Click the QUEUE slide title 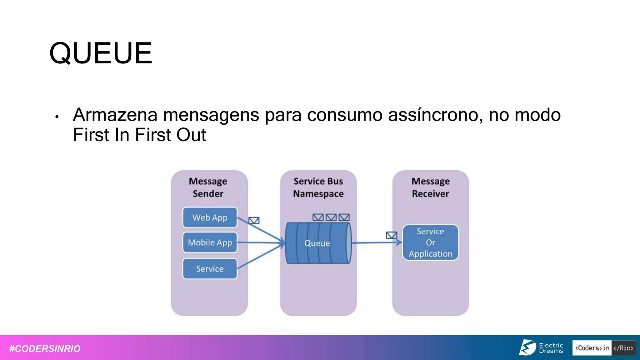(x=101, y=53)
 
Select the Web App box (x=210, y=217)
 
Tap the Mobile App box (x=210, y=242)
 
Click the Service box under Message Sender (x=210, y=269)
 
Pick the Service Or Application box (x=430, y=242)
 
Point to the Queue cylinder (x=318, y=243)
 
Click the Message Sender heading (x=208, y=187)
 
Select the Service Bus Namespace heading (x=318, y=187)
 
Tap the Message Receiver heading (x=430, y=187)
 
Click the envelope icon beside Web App (x=254, y=221)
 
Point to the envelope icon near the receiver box (x=391, y=235)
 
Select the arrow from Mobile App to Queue (x=261, y=242)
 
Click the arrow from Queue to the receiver (x=375, y=242)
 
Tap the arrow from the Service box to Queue (x=261, y=256)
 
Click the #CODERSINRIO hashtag (x=45, y=348)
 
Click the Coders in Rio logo (x=604, y=348)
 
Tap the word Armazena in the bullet (x=115, y=115)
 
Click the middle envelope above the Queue (x=331, y=217)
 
